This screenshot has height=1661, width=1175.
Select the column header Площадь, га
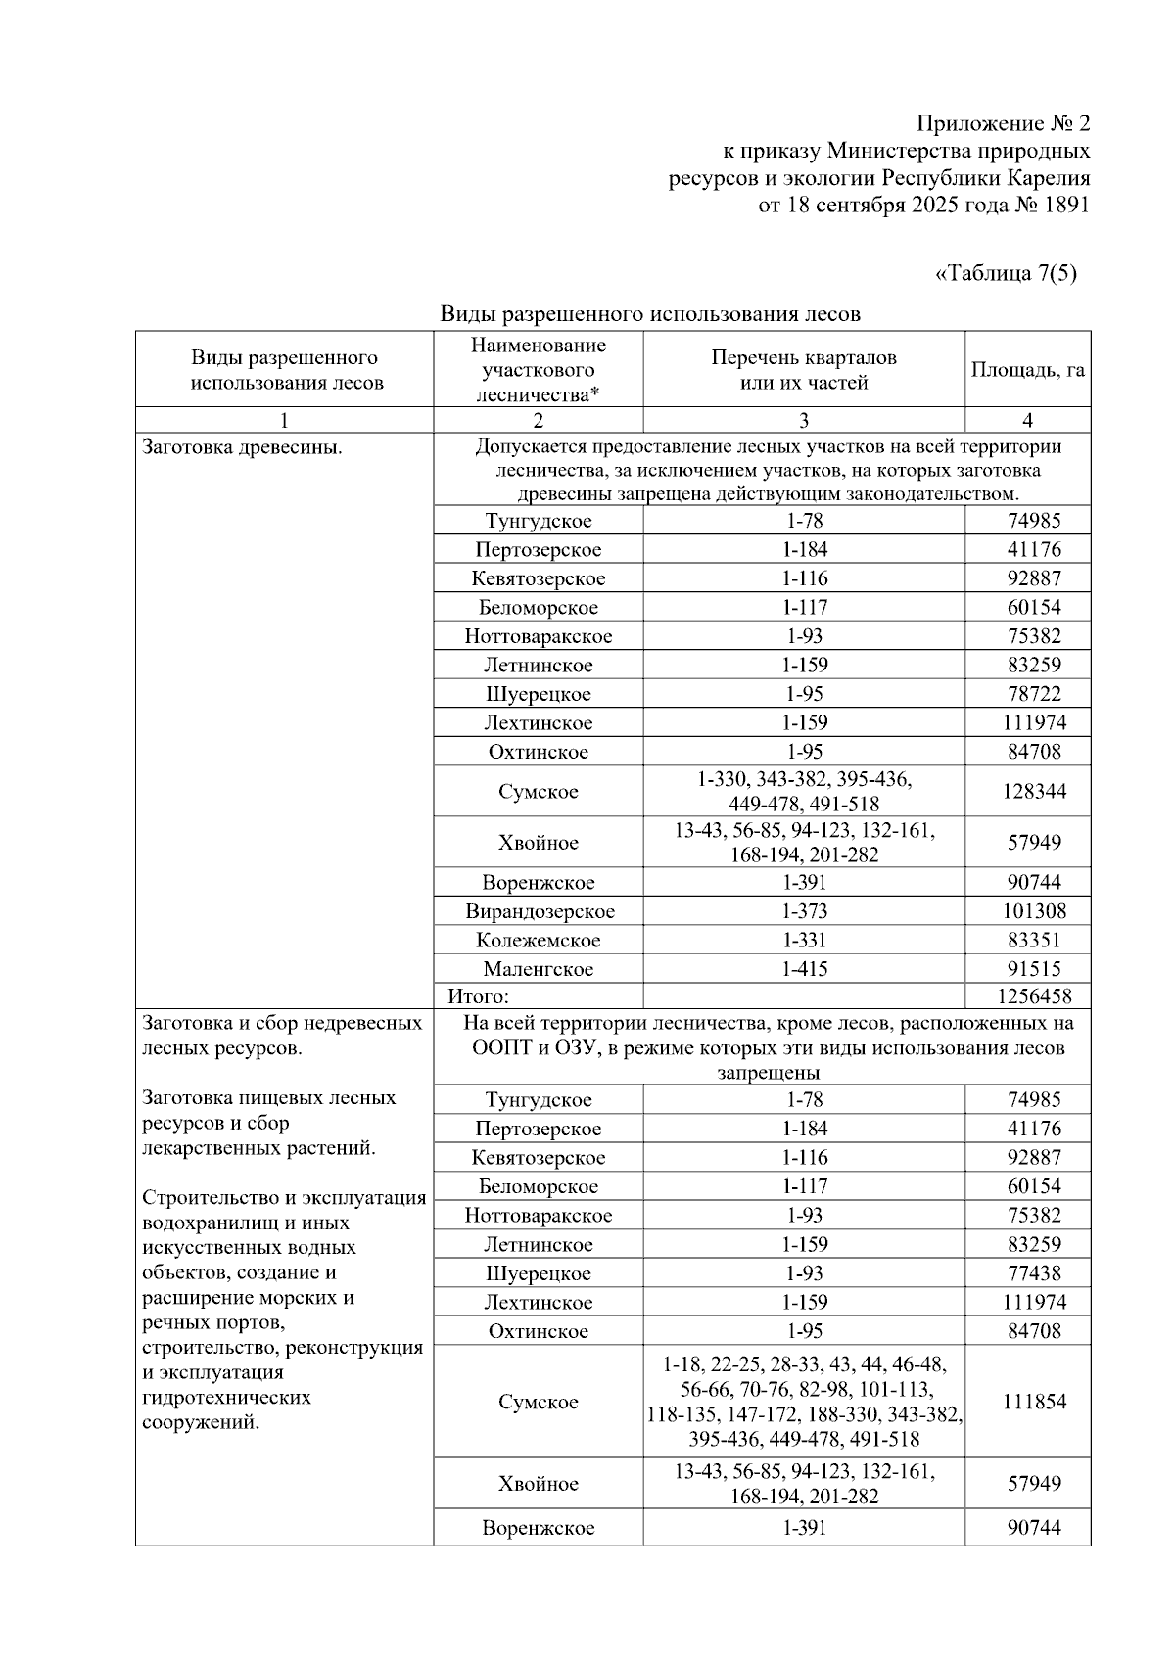(x=1027, y=370)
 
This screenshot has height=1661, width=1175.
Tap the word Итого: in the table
(x=479, y=996)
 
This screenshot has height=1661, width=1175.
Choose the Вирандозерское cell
(x=540, y=911)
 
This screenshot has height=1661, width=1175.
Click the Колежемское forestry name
(x=539, y=941)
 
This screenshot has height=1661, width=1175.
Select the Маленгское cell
(x=539, y=969)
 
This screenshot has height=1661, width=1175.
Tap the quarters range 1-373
(x=804, y=911)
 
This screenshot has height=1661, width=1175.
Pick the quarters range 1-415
(x=804, y=969)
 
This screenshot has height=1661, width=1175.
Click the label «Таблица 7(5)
(x=1006, y=274)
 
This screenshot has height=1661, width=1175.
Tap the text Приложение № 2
(x=1003, y=124)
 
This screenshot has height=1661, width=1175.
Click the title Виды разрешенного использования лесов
(x=650, y=314)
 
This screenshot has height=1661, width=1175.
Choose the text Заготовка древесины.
(x=242, y=448)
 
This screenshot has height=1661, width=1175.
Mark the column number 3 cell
(x=804, y=421)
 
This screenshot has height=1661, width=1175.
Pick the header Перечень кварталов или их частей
(x=804, y=370)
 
